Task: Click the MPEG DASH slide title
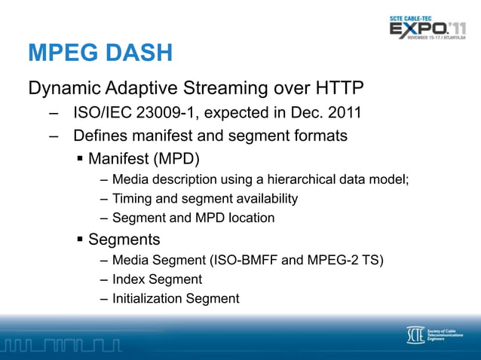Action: point(100,53)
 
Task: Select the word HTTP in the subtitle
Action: point(332,89)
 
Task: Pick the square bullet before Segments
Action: point(79,240)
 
